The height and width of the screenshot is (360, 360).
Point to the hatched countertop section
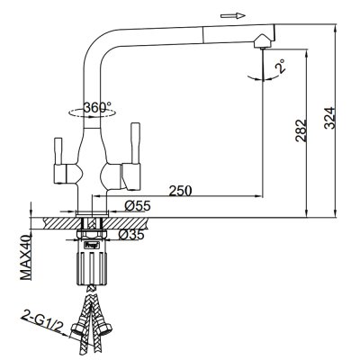pos(54,219)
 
